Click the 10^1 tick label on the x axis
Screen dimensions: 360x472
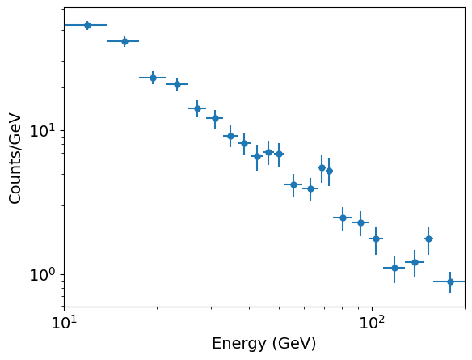pyautogui.click(x=64, y=324)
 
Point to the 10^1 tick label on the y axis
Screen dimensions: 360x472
pyautogui.click(x=43, y=131)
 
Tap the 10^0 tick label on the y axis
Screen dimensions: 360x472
pyautogui.click(x=43, y=275)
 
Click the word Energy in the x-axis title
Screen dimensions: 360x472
pyautogui.click(x=239, y=344)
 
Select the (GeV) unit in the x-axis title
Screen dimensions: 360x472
pyautogui.click(x=293, y=344)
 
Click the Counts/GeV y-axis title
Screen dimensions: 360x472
pyautogui.click(x=15, y=158)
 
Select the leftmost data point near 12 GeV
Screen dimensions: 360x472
pyautogui.click(x=87, y=25)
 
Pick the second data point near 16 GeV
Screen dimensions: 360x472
pyautogui.click(x=124, y=41)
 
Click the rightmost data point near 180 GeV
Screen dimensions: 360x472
pyautogui.click(x=450, y=282)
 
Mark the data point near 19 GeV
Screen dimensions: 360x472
pyautogui.click(x=153, y=78)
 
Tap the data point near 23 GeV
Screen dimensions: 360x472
pyautogui.click(x=177, y=84)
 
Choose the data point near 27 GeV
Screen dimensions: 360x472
pyautogui.click(x=197, y=108)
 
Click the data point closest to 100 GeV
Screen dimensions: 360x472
pyautogui.click(x=376, y=239)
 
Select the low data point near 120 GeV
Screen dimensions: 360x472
pyautogui.click(x=394, y=268)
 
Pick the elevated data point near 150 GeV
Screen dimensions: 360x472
pyautogui.click(x=428, y=239)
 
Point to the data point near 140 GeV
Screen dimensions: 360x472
pyautogui.click(x=415, y=262)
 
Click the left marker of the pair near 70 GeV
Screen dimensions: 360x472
pyautogui.click(x=322, y=167)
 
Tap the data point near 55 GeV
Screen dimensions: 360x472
pyautogui.click(x=293, y=184)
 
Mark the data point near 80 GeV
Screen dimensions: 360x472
pyautogui.click(x=343, y=218)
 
